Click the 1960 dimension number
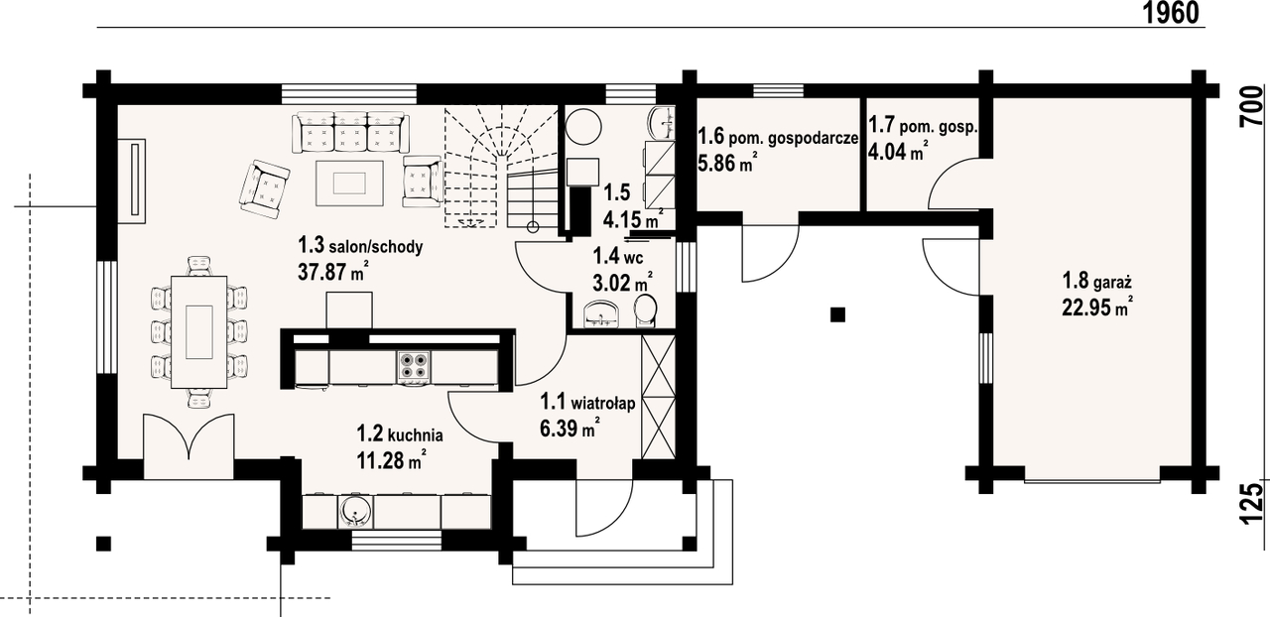coord(1170,13)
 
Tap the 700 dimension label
coord(1252,106)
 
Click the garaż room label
coord(1097,281)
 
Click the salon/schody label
coord(360,246)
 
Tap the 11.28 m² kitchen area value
coord(392,460)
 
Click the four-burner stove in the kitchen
coord(414,365)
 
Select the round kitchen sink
coord(354,512)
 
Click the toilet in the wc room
coord(646,311)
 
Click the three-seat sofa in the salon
coord(351,133)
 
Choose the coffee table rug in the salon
coord(349,184)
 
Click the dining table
coord(199,331)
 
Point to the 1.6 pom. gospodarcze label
coord(777,137)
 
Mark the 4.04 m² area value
coord(898,152)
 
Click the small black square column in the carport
coord(838,314)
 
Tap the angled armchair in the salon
coord(265,188)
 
